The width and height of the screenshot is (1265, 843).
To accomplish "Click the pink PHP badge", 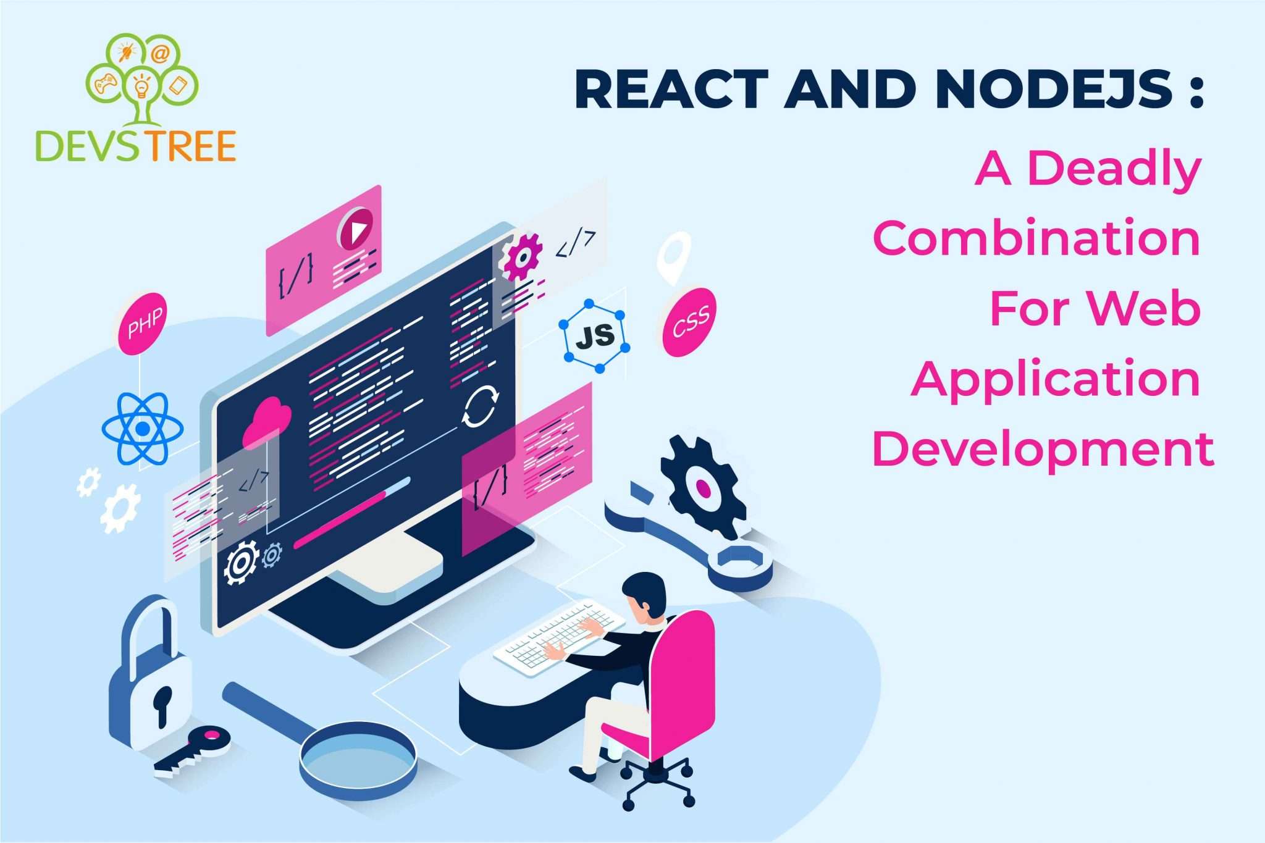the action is click(x=142, y=324).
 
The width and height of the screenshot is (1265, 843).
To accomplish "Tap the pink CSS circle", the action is click(x=689, y=322).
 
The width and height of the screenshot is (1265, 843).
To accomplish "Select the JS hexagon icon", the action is click(x=594, y=337).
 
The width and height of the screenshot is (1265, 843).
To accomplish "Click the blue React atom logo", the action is click(x=143, y=428).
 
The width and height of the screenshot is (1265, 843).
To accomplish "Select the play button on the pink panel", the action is click(x=355, y=229).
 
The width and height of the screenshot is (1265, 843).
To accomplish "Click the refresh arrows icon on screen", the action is click(x=480, y=406).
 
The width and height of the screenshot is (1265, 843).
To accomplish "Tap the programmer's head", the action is click(x=644, y=597).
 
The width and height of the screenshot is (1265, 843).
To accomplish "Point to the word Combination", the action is click(x=1036, y=238).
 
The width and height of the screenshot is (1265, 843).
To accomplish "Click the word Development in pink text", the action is click(x=1043, y=449).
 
